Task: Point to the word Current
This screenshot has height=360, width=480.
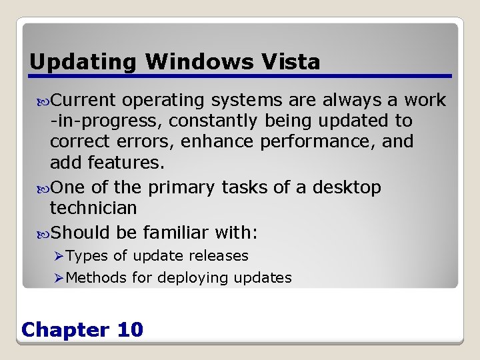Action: [x=84, y=100]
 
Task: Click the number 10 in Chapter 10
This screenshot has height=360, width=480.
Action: [x=129, y=330]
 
